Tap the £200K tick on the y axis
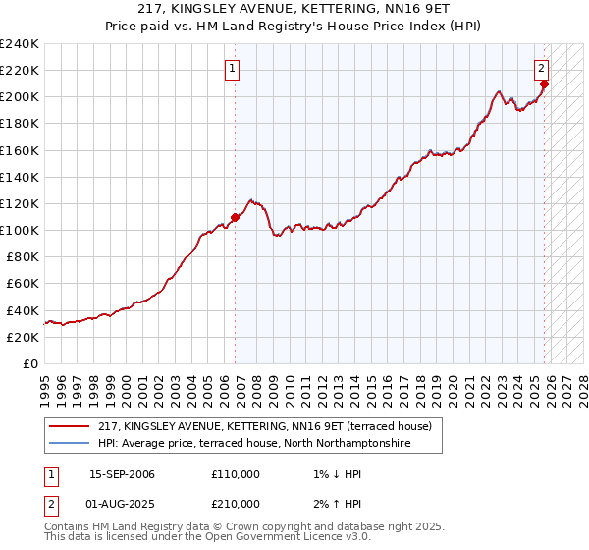(19, 97)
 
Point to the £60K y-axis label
(22, 283)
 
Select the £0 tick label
(30, 363)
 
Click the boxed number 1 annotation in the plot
(233, 69)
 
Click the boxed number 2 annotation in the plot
(541, 69)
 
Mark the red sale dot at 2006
(236, 217)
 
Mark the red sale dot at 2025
(545, 83)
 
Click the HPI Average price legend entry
(254, 444)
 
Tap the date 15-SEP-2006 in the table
(122, 474)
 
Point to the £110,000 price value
(236, 474)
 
